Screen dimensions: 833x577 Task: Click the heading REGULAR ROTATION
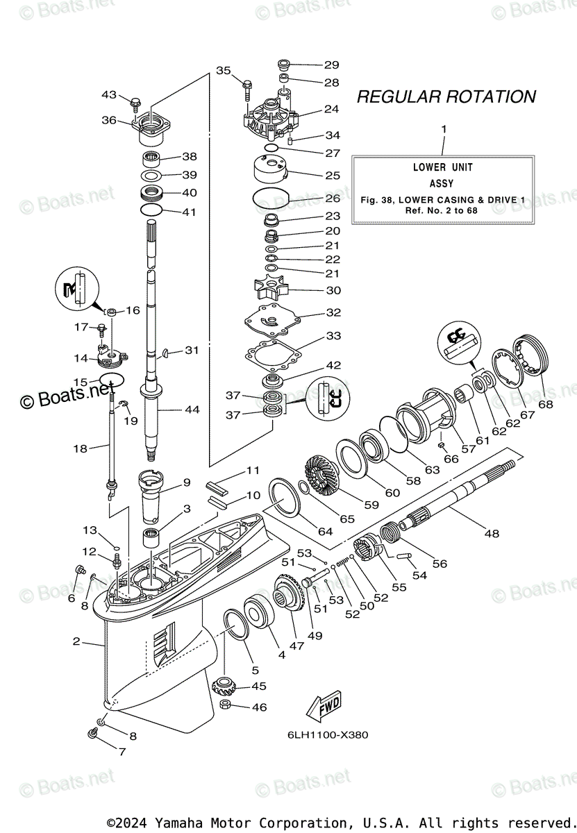tap(446, 96)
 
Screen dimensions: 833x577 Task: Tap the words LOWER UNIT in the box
tap(442, 167)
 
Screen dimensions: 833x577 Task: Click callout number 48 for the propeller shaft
tap(491, 534)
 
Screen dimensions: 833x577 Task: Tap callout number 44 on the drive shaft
tap(191, 410)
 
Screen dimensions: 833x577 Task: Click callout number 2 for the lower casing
tap(76, 641)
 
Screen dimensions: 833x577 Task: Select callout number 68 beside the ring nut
tap(546, 404)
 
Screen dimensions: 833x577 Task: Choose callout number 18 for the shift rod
tap(80, 448)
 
